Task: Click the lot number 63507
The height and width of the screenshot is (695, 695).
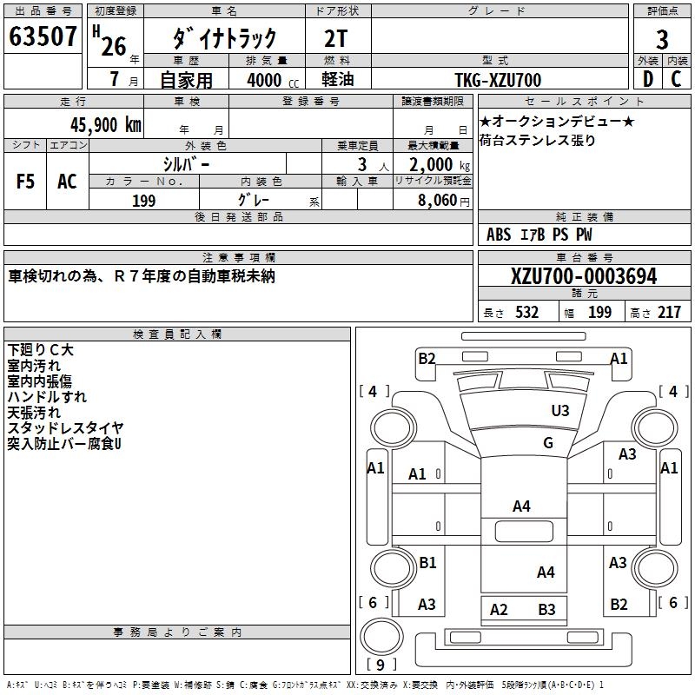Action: click(x=43, y=38)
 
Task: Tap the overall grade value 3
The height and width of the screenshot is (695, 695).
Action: click(x=662, y=40)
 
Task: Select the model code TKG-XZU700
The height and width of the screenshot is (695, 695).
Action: click(x=498, y=80)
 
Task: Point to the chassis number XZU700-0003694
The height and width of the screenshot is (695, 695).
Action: click(x=584, y=276)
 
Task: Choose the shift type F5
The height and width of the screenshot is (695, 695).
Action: click(x=26, y=182)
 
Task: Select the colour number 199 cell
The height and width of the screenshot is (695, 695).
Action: click(x=144, y=201)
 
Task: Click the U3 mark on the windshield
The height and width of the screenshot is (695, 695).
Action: click(x=560, y=410)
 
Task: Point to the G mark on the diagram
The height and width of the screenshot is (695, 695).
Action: click(x=548, y=443)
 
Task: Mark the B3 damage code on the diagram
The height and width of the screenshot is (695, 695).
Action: click(x=546, y=609)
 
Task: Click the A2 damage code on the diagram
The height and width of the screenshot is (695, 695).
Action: click(x=499, y=609)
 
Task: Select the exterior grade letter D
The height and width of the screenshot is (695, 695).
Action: click(x=647, y=80)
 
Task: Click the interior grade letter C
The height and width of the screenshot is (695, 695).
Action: click(x=676, y=80)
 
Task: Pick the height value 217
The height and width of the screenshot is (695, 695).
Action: click(x=670, y=312)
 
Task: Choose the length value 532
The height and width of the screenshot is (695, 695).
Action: click(x=527, y=312)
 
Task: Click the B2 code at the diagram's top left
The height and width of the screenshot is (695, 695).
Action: click(x=427, y=358)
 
